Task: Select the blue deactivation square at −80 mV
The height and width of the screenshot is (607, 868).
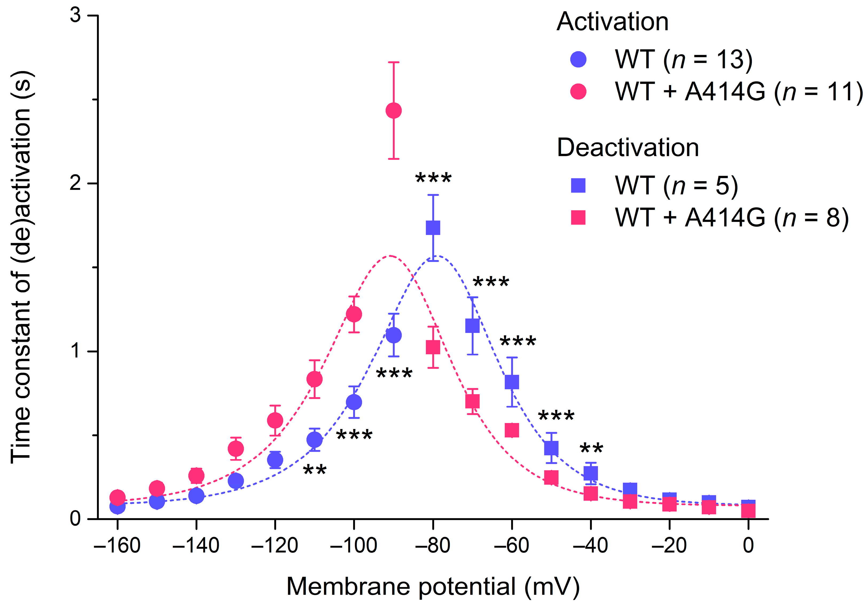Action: (433, 228)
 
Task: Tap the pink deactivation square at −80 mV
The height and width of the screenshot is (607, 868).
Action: (433, 347)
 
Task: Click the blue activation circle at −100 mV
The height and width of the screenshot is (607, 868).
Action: (354, 402)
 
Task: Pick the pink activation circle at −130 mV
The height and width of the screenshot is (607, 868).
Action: (236, 449)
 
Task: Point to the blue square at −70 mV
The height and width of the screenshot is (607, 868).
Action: (472, 325)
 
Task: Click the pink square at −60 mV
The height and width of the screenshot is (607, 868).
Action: (512, 430)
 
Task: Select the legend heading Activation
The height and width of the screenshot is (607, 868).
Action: (612, 22)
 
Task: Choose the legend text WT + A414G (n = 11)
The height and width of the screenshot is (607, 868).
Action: (739, 92)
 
